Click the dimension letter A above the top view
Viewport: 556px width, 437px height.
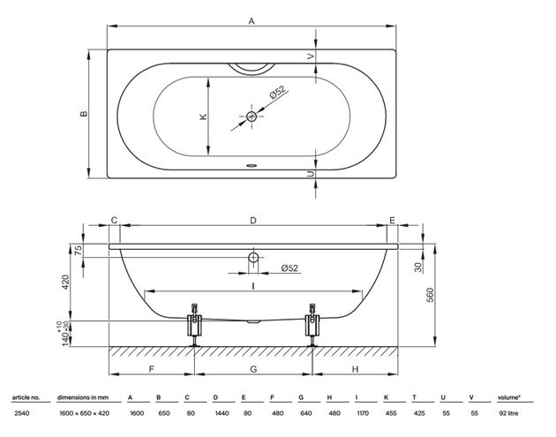click(x=252, y=21)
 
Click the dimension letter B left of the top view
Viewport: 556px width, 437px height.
click(x=84, y=114)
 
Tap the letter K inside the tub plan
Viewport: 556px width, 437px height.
click(x=203, y=117)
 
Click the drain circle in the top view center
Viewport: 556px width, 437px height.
click(x=252, y=116)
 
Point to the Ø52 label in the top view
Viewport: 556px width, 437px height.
click(x=278, y=92)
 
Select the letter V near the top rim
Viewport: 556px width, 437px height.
click(x=311, y=56)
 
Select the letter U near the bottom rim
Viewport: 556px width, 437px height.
click(x=311, y=174)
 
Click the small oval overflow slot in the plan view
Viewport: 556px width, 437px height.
click(x=252, y=165)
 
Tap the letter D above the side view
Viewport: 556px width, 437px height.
click(x=252, y=221)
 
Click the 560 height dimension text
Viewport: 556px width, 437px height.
click(x=430, y=295)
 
